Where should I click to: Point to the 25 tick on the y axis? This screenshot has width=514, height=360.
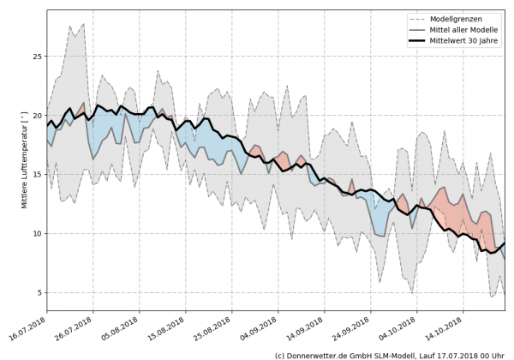(x=36, y=56)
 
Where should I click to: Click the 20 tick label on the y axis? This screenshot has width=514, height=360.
(x=36, y=115)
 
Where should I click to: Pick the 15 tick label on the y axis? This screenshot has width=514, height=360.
(x=36, y=174)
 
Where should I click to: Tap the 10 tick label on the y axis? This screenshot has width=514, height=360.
(x=36, y=233)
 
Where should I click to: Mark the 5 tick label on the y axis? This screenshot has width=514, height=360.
(x=39, y=292)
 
